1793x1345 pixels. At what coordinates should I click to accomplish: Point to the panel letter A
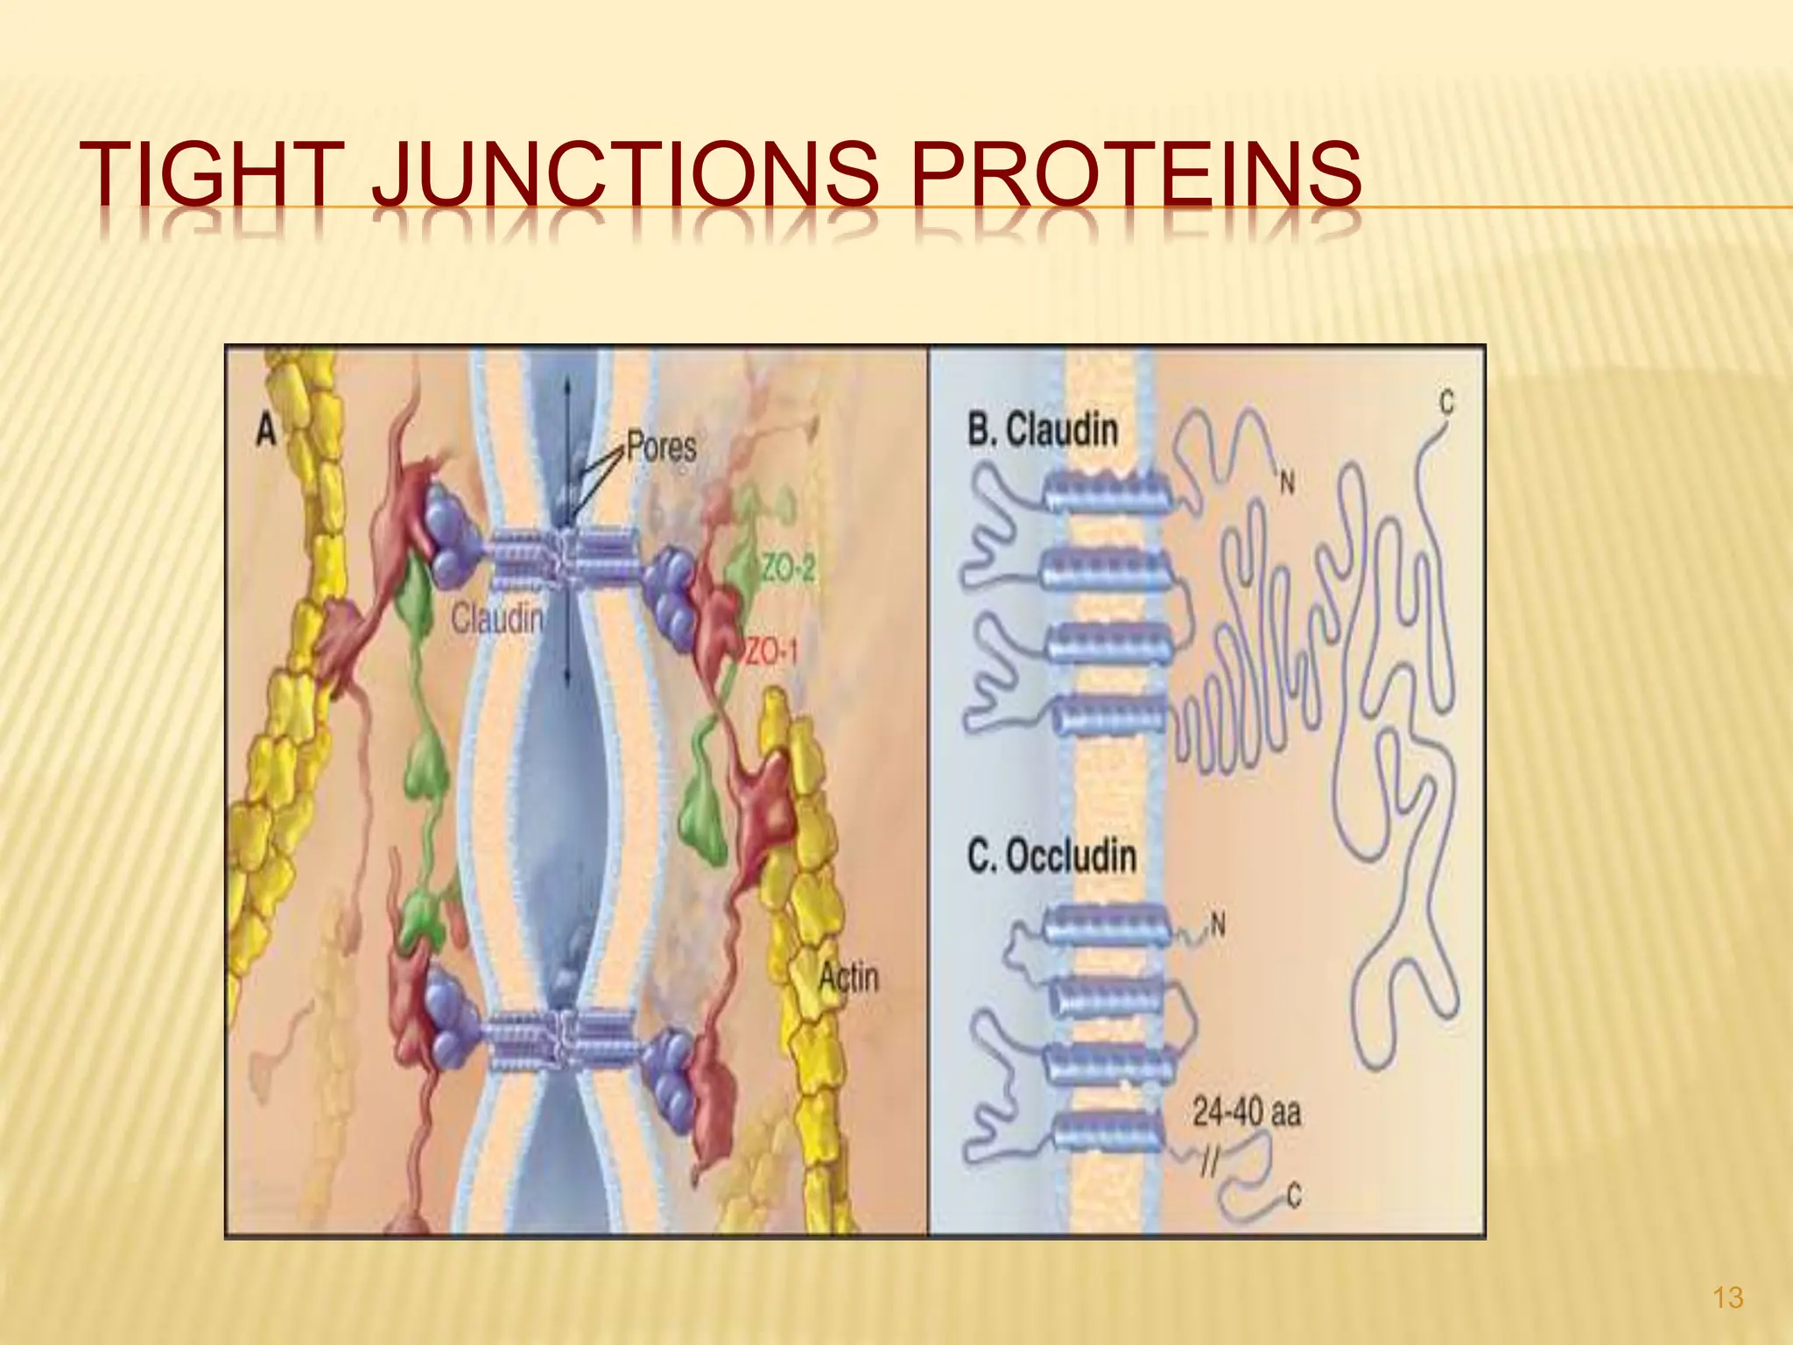265,431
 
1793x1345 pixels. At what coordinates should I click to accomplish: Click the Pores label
661,447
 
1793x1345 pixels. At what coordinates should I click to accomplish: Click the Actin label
848,976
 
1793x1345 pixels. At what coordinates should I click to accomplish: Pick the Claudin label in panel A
496,620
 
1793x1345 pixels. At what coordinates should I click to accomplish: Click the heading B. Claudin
1043,430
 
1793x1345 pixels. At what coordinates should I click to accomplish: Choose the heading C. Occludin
1051,856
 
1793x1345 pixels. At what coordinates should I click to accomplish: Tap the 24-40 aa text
1247,1113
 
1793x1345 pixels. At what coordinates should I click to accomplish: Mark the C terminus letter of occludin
1294,1195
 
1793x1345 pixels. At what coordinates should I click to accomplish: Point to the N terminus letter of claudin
1286,481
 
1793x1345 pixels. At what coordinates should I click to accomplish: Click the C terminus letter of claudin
1446,404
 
